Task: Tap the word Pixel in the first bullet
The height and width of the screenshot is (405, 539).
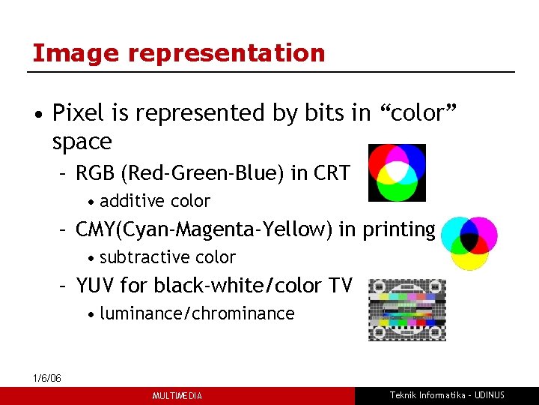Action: pos(79,113)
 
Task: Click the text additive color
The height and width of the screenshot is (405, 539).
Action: pos(155,201)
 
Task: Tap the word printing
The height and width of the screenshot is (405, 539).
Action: pos(398,229)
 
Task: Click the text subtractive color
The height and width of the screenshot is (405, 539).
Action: pos(167,257)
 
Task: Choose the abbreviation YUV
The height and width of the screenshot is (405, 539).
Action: pos(94,286)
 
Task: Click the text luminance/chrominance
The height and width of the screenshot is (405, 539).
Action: pos(197,313)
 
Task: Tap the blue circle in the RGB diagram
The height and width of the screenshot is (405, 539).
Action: pos(412,160)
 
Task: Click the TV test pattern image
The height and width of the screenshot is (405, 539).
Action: pos(406,310)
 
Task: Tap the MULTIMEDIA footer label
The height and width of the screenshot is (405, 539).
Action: pos(177,396)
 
